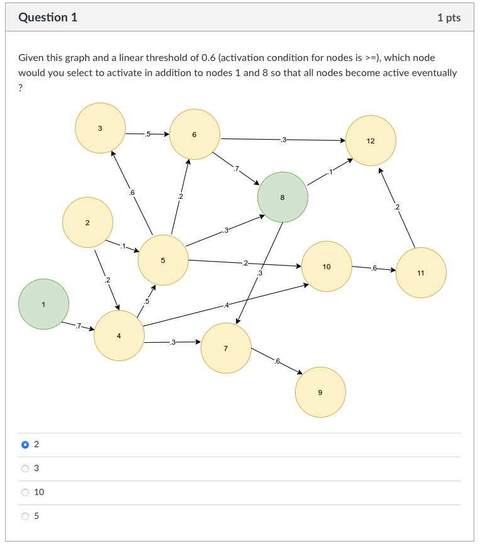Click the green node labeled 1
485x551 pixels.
[43, 304]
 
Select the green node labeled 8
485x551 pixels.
[282, 198]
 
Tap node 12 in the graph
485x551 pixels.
[371, 140]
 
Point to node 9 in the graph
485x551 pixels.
[320, 392]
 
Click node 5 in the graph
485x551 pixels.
[163, 260]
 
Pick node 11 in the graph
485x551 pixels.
[421, 273]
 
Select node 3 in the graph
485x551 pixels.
[100, 128]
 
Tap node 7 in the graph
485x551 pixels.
[226, 348]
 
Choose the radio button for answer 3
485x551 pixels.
[25, 468]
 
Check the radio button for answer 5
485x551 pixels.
[25, 516]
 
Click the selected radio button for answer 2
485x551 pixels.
[25, 444]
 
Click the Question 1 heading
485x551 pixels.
[48, 18]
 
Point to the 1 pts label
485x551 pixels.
[449, 18]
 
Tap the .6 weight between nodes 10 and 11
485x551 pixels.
[374, 269]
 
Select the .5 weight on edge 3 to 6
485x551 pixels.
[147, 134]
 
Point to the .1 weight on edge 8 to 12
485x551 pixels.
[328, 171]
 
